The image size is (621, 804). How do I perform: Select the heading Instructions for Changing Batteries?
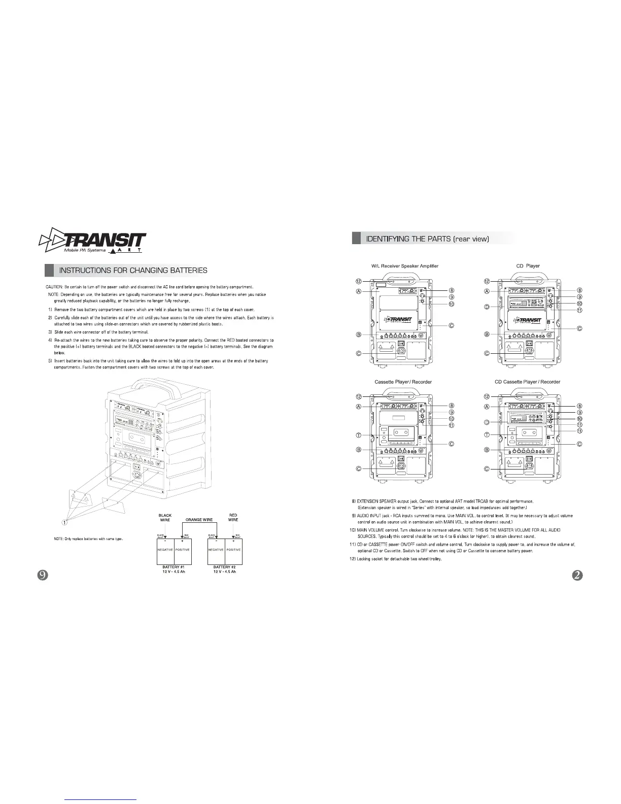tap(133, 271)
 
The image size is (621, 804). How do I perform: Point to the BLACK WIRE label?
tap(165, 517)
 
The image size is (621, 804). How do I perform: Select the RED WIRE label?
tap(233, 517)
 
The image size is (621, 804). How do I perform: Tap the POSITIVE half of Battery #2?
tap(233, 550)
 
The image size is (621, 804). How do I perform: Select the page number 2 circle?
tap(577, 575)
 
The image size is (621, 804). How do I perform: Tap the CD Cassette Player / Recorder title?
tap(527, 382)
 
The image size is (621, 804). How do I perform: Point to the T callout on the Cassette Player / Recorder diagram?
tap(358, 435)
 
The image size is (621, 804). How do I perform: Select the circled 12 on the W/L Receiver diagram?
tap(358, 281)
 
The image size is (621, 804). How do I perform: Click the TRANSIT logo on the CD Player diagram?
tap(528, 320)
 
